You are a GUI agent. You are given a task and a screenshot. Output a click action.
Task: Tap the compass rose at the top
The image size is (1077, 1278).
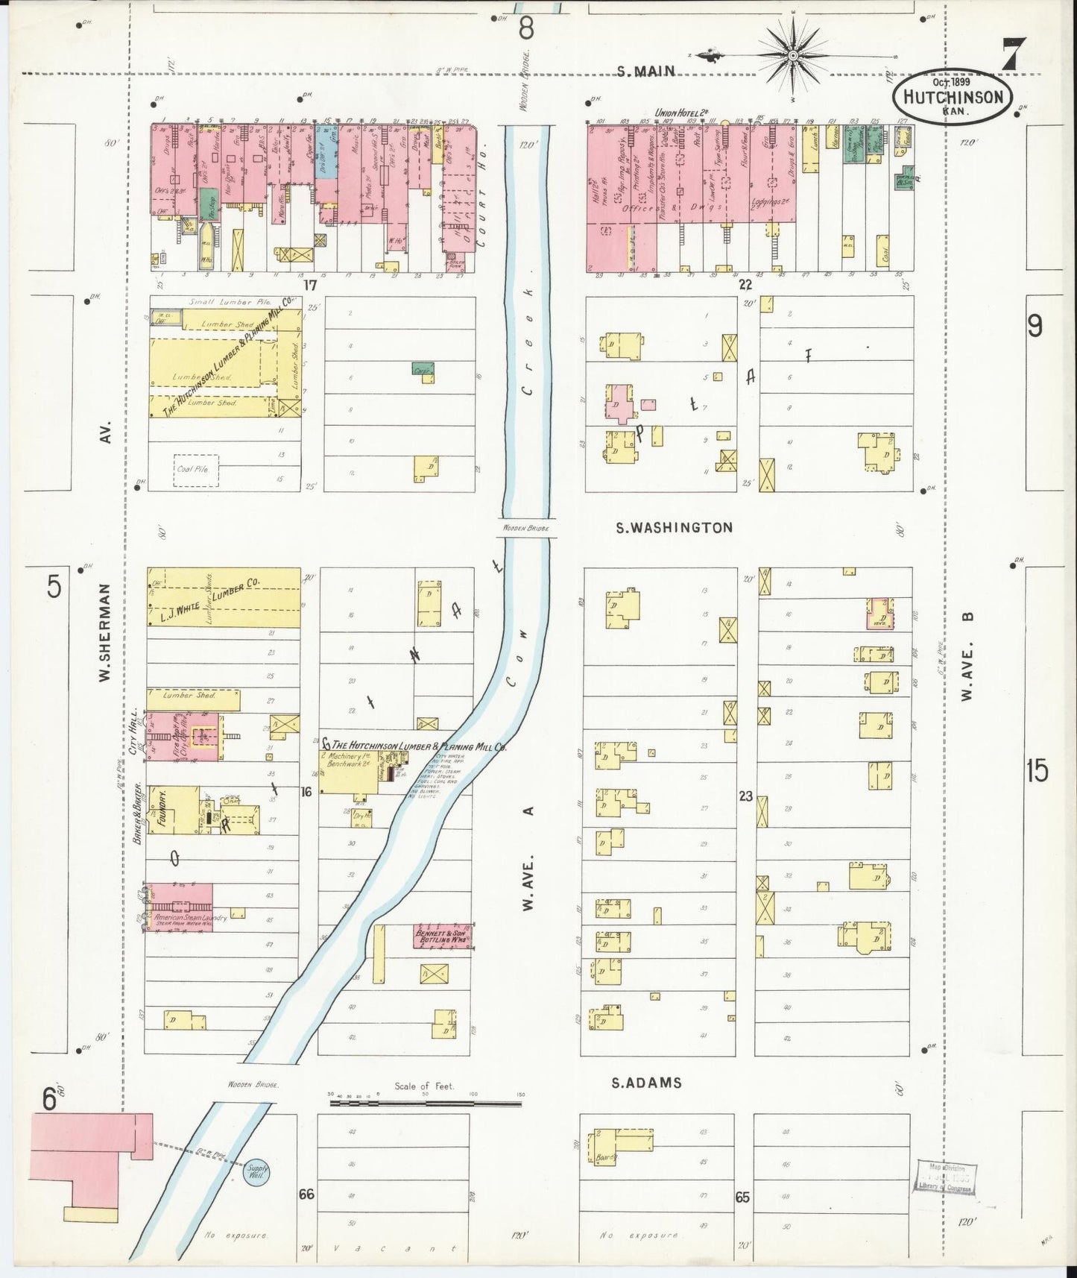point(793,54)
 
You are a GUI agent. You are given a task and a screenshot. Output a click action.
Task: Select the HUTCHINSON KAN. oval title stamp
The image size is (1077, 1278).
point(953,97)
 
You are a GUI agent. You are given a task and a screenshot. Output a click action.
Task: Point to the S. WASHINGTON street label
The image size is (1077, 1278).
point(674,527)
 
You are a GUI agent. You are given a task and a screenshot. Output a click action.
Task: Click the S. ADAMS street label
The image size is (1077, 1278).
point(646,1083)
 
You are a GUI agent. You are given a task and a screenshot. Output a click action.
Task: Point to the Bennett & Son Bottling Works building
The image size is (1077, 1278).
point(443,937)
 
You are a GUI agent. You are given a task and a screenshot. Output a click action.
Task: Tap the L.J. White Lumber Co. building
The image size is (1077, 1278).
point(224,598)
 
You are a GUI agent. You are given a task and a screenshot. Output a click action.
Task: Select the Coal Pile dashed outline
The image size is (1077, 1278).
point(196,470)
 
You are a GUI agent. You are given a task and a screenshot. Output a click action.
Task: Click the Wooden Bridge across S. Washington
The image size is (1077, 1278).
point(525,528)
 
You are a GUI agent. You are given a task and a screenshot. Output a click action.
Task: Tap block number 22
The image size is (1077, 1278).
point(745,284)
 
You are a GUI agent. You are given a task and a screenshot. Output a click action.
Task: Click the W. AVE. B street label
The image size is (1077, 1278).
point(967,656)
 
